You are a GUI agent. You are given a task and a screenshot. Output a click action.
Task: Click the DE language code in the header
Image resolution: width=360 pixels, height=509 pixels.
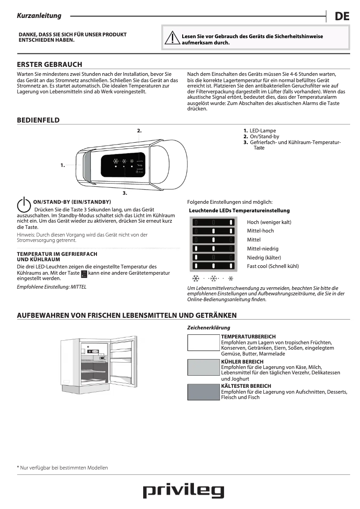342,17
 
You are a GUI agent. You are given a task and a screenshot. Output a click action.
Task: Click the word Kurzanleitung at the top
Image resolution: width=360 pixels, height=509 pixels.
39,16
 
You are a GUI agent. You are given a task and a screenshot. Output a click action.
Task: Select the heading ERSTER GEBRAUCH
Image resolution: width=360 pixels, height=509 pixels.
49,65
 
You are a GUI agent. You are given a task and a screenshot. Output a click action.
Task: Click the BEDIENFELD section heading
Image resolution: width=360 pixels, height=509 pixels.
38,120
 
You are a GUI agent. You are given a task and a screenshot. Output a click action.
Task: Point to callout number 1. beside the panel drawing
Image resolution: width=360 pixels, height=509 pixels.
62,165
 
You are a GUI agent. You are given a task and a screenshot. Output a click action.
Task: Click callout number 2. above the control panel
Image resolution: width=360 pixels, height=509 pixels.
139,131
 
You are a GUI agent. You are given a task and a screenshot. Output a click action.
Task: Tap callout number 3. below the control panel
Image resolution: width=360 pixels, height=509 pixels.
125,193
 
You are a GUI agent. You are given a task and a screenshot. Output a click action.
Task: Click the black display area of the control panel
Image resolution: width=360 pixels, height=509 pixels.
123,166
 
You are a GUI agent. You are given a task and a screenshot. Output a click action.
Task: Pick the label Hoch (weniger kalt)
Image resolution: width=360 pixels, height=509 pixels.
269,222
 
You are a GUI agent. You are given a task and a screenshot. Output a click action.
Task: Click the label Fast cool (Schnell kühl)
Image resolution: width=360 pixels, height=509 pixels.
272,266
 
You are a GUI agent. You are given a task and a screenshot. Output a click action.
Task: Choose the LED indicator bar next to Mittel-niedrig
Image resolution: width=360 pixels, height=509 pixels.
214,248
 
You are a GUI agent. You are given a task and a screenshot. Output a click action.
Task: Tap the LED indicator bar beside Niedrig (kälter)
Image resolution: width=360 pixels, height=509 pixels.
214,257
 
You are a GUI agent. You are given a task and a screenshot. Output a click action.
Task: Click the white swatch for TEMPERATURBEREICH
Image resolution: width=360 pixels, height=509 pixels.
203,342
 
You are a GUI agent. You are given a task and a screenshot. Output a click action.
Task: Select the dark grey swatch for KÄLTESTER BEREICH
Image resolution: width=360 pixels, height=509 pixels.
203,392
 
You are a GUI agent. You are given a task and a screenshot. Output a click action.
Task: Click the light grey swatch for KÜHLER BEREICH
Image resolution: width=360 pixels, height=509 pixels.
203,367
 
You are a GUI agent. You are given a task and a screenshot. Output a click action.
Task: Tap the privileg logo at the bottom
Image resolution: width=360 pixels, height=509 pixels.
183,491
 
